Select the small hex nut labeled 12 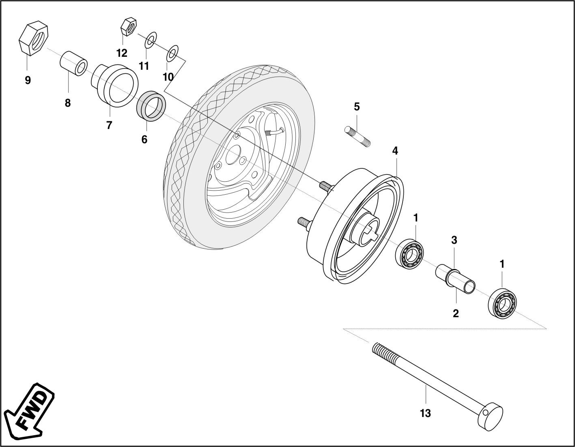(x=128, y=27)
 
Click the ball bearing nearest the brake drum (x=410, y=254)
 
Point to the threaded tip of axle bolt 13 (x=381, y=351)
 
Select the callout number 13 (x=425, y=413)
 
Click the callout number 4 (x=395, y=151)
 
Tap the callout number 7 (x=109, y=126)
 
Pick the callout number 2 (x=456, y=313)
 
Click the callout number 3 (x=454, y=240)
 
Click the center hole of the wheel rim (x=232, y=155)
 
